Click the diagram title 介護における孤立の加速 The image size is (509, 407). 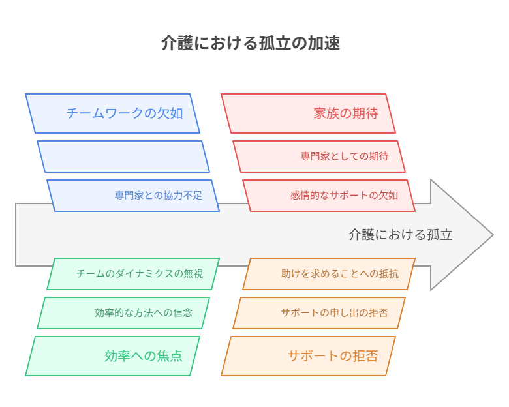tap(251, 43)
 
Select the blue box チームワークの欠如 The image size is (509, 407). tap(112, 113)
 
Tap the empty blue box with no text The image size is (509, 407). tap(123, 157)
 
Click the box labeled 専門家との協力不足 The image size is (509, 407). tap(133, 196)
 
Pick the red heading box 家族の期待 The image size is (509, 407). tap(309, 113)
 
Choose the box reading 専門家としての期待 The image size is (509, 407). tap(319, 157)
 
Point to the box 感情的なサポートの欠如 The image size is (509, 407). tap(329, 196)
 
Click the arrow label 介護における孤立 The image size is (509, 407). tap(401, 235)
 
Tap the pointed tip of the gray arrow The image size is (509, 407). tap(493, 235)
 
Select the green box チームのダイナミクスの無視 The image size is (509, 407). tap(133, 274)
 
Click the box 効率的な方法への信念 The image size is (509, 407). tap(123, 313)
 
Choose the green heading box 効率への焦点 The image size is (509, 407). tap(112, 356)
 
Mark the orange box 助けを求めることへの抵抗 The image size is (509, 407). tap(329, 274)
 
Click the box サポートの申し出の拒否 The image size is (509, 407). tap(319, 313)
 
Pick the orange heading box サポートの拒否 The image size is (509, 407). tap(309, 356)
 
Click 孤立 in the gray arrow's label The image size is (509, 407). tap(440, 235)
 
